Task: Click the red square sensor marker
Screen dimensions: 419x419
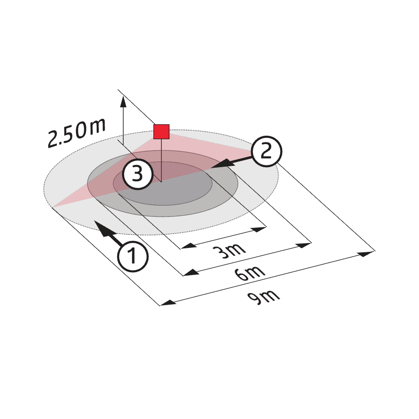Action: (161, 132)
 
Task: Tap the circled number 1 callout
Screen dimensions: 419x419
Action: (133, 256)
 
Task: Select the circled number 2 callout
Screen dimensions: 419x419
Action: (266, 152)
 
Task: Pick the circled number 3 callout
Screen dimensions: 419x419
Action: (137, 174)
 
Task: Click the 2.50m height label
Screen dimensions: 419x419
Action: (76, 133)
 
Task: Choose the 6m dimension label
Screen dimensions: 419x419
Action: (250, 273)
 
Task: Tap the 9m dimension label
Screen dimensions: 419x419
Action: (263, 297)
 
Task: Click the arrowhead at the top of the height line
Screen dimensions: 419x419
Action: (123, 102)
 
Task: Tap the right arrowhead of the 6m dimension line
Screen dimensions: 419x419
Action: (304, 245)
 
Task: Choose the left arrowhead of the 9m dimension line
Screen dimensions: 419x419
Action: (168, 302)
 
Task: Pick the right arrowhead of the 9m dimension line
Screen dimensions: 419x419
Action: (367, 254)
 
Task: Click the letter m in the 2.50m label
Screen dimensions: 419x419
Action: (97, 126)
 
